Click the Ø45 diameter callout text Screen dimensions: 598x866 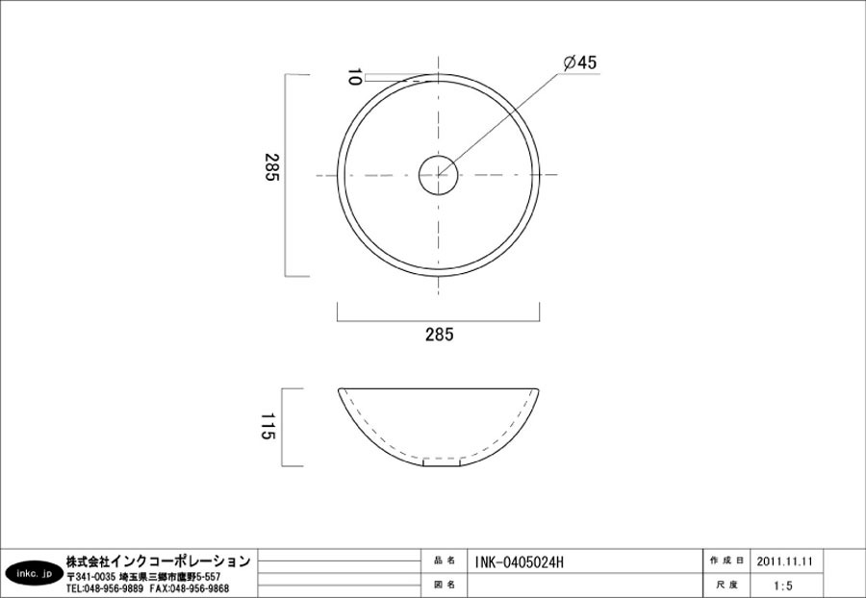580,62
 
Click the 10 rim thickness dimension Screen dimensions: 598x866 355,78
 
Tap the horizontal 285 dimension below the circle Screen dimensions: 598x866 438,335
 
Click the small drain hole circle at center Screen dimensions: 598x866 439,174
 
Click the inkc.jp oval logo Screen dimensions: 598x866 32,574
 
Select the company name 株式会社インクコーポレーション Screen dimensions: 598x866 158,561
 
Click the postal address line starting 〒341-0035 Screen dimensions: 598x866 143,576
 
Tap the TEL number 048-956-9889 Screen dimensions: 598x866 105,588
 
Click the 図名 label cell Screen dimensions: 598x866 445,585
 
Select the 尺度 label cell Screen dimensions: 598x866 726,585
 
